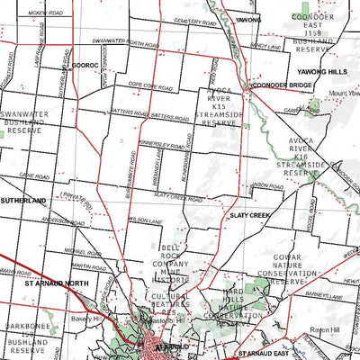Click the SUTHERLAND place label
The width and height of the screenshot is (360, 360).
pos(22,201)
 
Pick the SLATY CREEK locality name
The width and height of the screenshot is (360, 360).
pos(249,216)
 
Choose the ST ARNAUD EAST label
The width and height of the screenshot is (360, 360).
pos(265,355)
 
